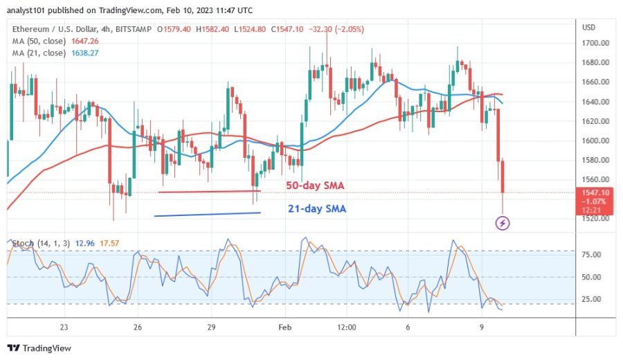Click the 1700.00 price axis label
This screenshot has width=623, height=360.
(595, 43)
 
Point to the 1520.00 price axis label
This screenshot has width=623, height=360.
(595, 218)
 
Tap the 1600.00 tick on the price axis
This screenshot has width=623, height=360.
(595, 141)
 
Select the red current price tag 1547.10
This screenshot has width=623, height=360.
(595, 192)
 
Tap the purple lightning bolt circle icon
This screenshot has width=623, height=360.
(503, 223)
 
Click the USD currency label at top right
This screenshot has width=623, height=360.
(589, 28)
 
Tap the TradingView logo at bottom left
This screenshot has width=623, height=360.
(39, 348)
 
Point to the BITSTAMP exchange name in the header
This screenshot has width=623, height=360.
(135, 29)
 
